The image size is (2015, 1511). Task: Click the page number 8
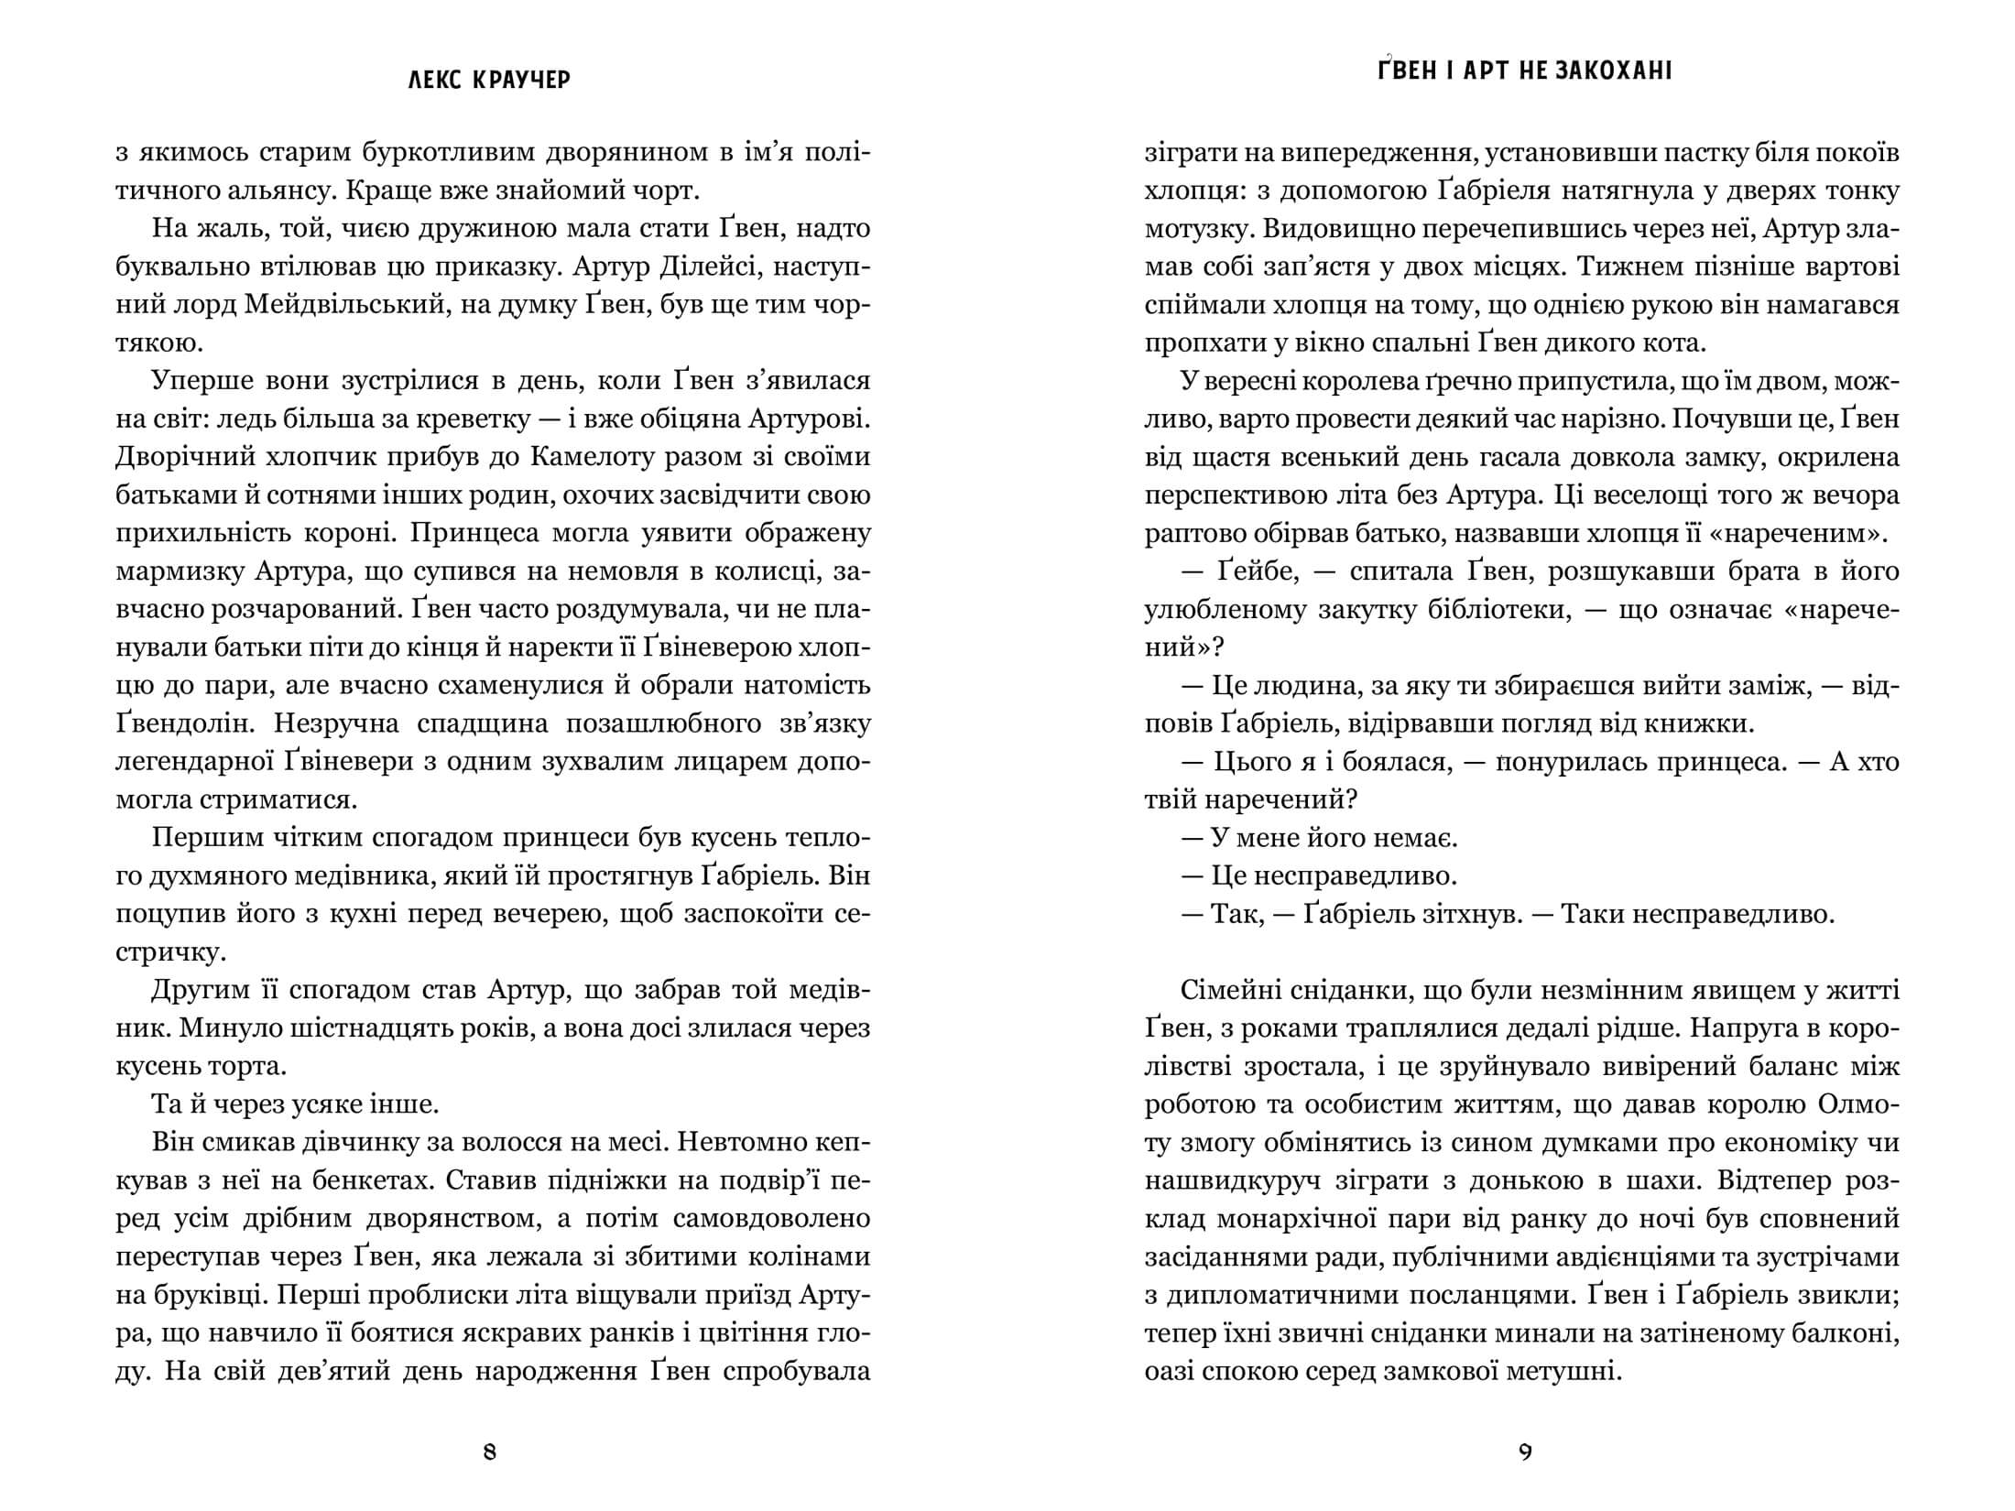coord(489,1451)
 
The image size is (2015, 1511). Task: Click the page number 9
coord(1525,1451)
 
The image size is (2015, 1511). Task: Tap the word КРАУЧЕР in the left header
coord(522,81)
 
